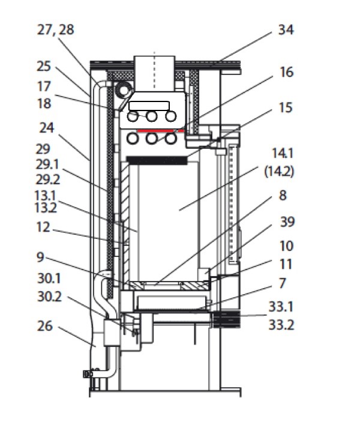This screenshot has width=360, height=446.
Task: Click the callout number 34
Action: tap(286, 30)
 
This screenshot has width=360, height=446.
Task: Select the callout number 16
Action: tap(287, 72)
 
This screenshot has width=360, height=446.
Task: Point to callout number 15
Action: tap(286, 108)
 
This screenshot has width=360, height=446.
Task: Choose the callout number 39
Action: tap(286, 222)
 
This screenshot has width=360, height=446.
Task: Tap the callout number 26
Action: tap(44, 327)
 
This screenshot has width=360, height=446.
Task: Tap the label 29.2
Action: tap(48, 179)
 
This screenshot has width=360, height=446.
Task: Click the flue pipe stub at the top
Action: tap(154, 70)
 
